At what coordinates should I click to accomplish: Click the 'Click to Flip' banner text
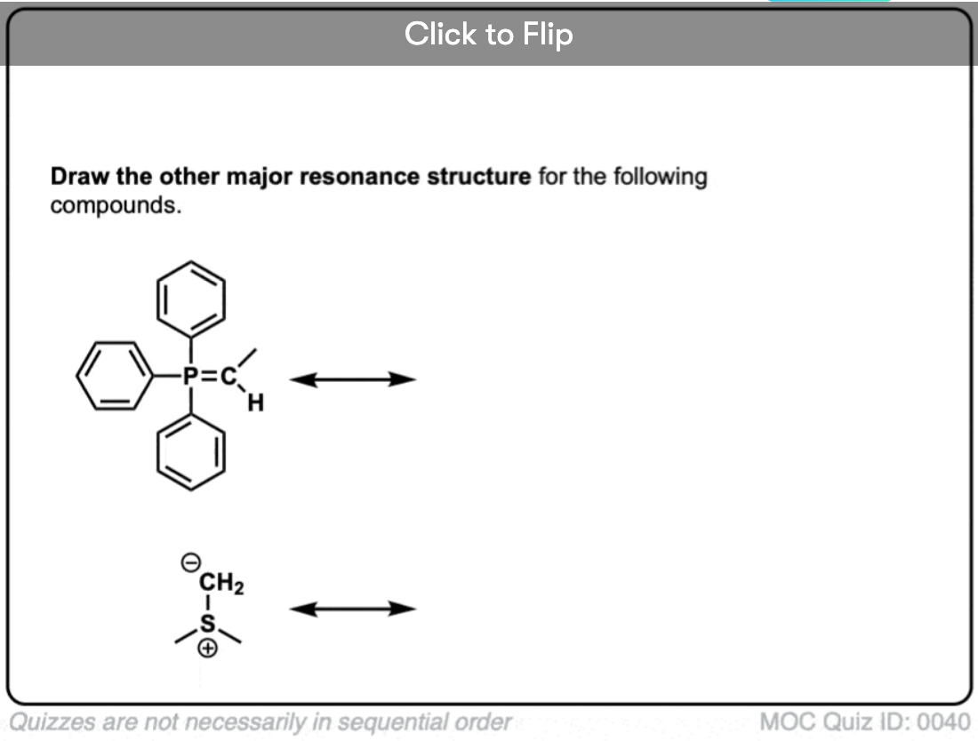pyautogui.click(x=488, y=35)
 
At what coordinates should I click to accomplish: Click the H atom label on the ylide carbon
pyautogui.click(x=256, y=404)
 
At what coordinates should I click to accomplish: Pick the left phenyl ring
pyautogui.click(x=112, y=376)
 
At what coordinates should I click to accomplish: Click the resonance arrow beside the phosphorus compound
pyautogui.click(x=353, y=379)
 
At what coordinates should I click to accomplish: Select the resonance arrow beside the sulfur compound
pyautogui.click(x=353, y=609)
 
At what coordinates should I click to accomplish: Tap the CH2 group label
pyautogui.click(x=222, y=583)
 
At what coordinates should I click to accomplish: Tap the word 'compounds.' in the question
pyautogui.click(x=108, y=205)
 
